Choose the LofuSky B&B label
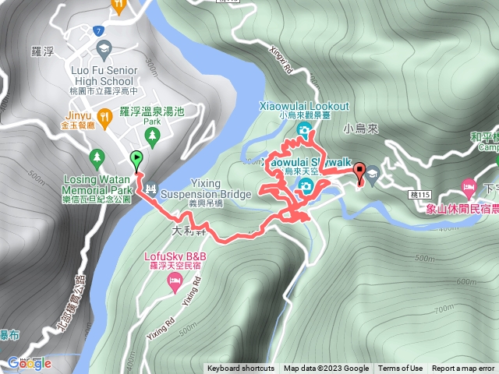(x=175, y=256)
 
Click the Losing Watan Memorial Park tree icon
(x=97, y=156)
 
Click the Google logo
(x=29, y=363)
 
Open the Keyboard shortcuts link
(x=242, y=369)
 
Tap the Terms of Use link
(x=400, y=369)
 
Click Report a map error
(x=463, y=369)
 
